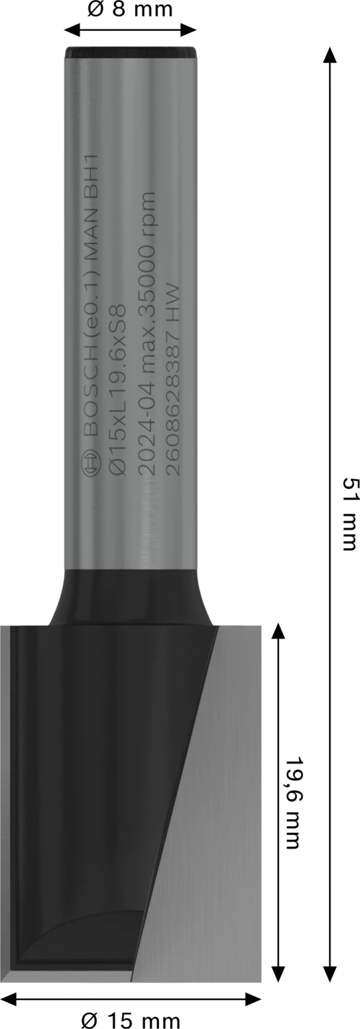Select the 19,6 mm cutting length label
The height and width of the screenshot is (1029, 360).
[x=292, y=793]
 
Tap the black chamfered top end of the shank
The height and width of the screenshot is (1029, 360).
[x=130, y=52]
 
